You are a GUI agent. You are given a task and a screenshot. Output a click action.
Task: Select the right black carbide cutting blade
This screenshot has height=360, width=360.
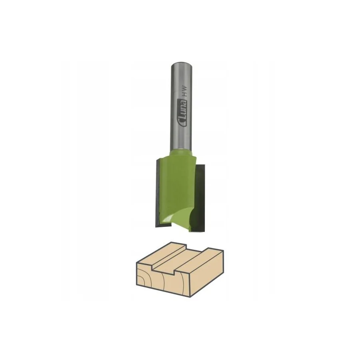click(199, 198)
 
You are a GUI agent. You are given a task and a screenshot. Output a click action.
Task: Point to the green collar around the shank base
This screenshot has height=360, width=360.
click(181, 153)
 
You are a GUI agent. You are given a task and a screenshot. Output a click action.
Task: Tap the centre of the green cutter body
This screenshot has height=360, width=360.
click(179, 188)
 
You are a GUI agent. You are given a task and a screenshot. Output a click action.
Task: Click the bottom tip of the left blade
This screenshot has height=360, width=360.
click(156, 227)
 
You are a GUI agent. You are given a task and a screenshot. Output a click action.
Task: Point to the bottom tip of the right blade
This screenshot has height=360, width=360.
click(204, 232)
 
